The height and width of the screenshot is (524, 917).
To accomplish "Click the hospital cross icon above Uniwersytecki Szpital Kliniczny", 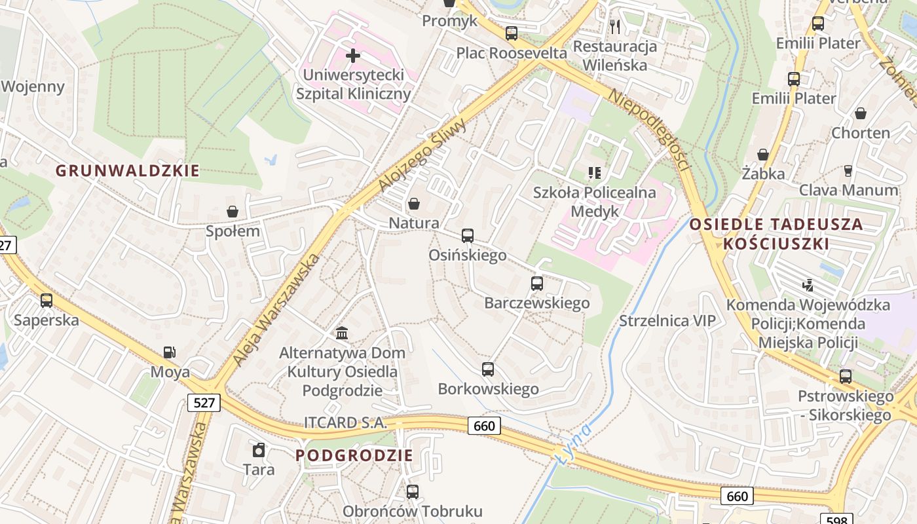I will point(352,55).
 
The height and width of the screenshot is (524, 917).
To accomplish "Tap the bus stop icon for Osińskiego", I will point(467,236).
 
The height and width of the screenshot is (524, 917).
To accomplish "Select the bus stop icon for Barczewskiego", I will point(536,284).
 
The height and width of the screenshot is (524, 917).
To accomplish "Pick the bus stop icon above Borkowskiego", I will point(487,369).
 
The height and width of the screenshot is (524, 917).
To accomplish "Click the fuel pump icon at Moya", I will point(169,352).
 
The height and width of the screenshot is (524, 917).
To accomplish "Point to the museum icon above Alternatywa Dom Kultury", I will point(341,333).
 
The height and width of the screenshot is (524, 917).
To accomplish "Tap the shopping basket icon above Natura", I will point(413,204).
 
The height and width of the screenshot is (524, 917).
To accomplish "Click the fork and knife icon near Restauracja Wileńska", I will point(614,26).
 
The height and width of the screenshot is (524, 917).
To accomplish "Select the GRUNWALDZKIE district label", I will point(127,171).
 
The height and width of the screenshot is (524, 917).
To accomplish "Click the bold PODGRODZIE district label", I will point(354,455).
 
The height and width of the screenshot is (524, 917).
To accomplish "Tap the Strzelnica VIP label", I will point(667,320).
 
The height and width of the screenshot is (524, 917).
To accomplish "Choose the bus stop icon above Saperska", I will point(46,301).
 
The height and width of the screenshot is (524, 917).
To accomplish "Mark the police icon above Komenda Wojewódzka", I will point(808,285).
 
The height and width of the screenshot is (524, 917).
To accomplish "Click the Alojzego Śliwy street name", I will point(422,156).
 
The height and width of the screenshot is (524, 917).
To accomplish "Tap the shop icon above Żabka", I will point(762,155).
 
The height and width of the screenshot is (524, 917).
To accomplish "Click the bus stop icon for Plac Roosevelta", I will point(511,33).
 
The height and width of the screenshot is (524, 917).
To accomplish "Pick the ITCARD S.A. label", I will point(345,422).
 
